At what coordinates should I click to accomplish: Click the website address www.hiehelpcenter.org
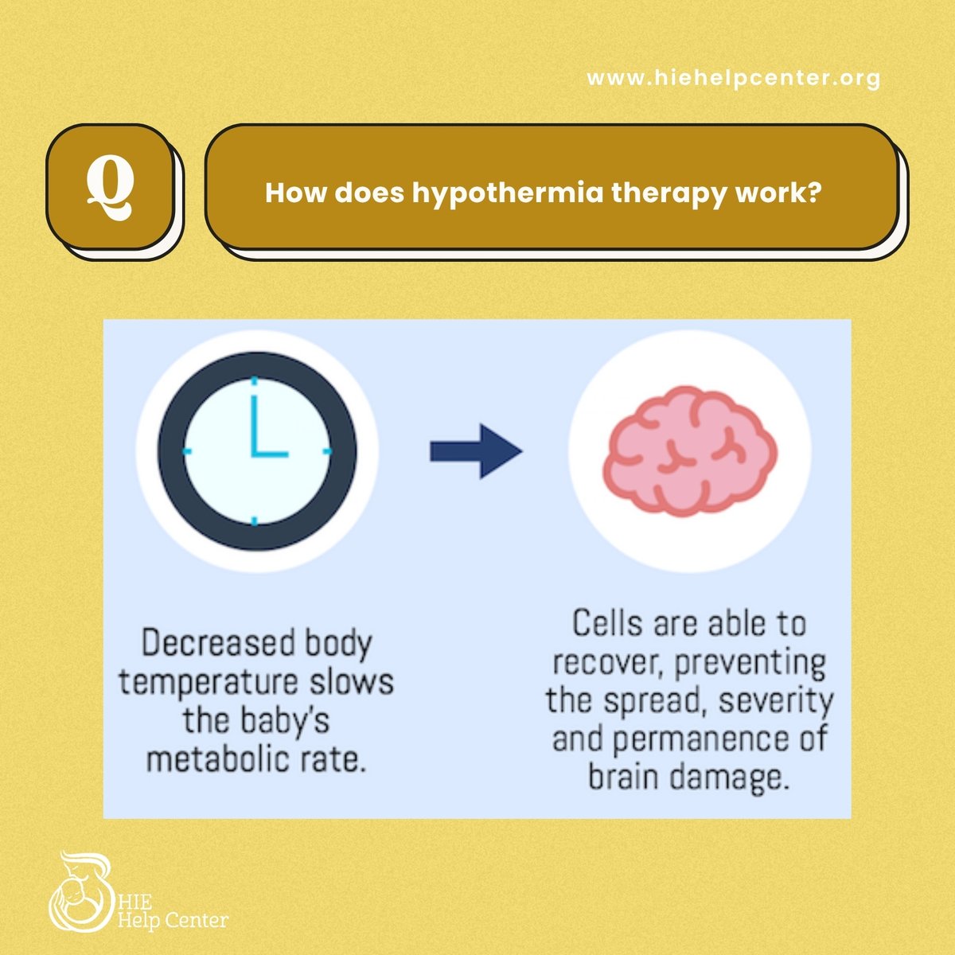coord(733,78)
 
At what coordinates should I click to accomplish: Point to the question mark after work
coord(813,193)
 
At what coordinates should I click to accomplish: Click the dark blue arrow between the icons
coord(476,452)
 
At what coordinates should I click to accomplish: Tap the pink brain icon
coord(689,451)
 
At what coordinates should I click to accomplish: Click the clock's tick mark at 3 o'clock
coord(325,451)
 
